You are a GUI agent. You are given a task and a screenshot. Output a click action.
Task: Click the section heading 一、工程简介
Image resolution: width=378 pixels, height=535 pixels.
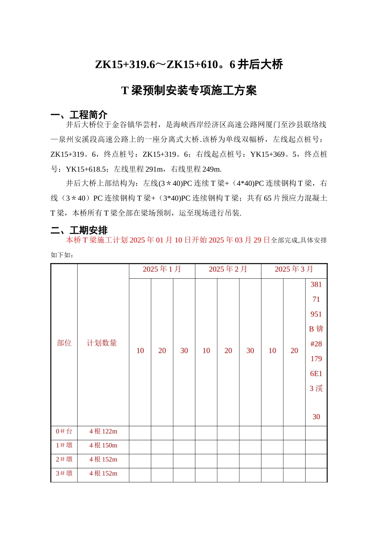click(79, 115)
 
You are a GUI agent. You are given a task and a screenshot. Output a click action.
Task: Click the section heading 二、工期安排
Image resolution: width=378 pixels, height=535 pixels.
click(79, 230)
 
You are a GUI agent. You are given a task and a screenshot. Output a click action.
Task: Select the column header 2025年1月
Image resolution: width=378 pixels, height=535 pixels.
click(162, 269)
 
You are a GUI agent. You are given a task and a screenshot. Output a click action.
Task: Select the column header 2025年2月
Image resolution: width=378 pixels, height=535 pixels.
click(228, 269)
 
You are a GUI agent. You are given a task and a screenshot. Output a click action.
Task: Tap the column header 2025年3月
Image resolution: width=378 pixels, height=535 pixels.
click(294, 269)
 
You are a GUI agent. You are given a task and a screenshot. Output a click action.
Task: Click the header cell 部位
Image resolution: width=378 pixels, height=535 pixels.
click(64, 343)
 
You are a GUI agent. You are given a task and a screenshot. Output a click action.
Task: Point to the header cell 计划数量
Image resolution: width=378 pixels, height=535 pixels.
click(102, 343)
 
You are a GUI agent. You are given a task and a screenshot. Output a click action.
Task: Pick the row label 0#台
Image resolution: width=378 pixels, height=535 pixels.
click(64, 432)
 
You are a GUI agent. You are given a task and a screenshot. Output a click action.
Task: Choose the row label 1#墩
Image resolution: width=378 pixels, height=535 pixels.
click(64, 445)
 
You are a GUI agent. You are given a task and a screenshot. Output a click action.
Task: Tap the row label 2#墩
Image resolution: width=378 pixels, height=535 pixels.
click(64, 459)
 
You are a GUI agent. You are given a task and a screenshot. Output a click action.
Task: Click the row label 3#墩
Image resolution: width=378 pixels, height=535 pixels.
click(64, 473)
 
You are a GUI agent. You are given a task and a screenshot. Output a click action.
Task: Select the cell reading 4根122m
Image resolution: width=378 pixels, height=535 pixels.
click(103, 432)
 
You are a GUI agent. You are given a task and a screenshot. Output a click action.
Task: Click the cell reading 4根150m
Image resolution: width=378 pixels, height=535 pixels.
click(103, 445)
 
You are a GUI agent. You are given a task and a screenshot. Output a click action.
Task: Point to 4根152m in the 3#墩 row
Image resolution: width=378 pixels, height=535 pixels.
click(103, 473)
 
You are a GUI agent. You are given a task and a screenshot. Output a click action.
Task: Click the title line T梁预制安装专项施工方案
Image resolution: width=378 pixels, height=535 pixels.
click(189, 91)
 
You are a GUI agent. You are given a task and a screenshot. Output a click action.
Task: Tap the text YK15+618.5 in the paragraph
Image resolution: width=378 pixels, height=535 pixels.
click(86, 169)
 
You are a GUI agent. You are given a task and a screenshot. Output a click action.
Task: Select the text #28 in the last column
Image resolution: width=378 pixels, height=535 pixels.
click(316, 344)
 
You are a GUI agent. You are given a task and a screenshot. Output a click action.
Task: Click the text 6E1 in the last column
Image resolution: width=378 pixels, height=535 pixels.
click(316, 374)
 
